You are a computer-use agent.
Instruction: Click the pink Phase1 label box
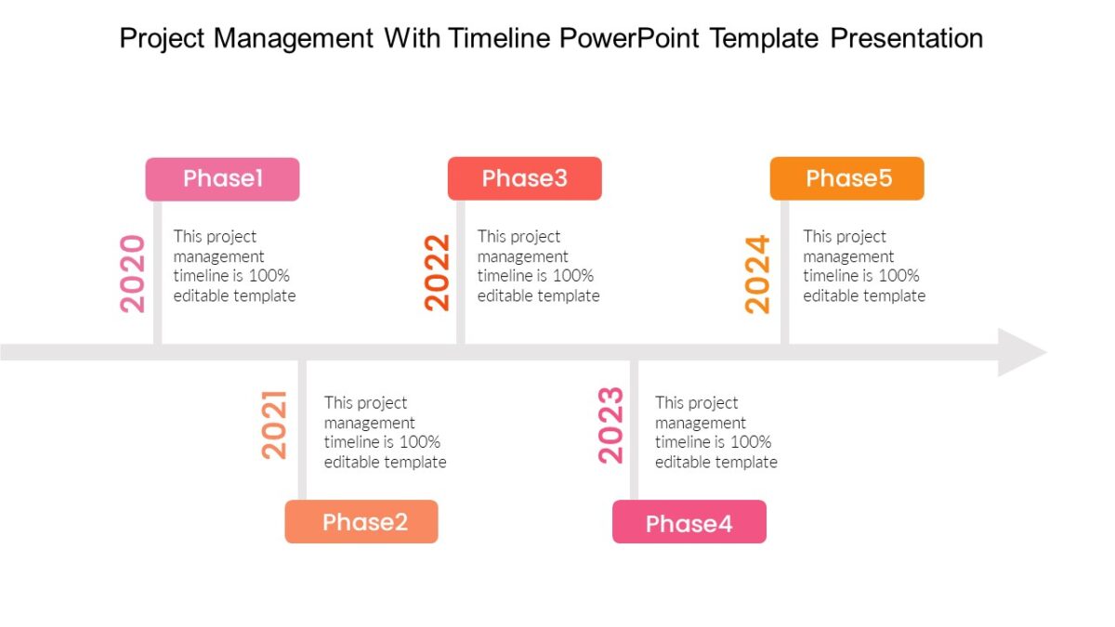(222, 179)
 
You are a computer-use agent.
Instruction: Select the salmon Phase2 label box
(361, 521)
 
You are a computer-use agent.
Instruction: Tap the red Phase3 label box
(525, 178)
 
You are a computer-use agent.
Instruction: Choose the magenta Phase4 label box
(689, 521)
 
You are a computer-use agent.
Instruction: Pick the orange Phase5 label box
(847, 178)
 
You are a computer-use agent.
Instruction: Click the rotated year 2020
(132, 274)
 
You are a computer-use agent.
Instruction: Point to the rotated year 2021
(274, 425)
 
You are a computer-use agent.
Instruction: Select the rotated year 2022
(437, 273)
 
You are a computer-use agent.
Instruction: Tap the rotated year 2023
(610, 425)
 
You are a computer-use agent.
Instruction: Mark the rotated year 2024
(757, 274)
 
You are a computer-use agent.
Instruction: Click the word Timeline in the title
(499, 38)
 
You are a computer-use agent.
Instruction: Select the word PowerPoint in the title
(629, 38)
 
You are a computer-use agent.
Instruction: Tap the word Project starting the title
(162, 39)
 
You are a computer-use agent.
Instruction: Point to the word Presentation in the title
(907, 38)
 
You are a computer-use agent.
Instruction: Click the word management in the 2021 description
(370, 424)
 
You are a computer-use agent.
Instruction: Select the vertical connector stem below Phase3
(461, 272)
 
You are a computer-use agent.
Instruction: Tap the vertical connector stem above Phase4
(634, 430)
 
